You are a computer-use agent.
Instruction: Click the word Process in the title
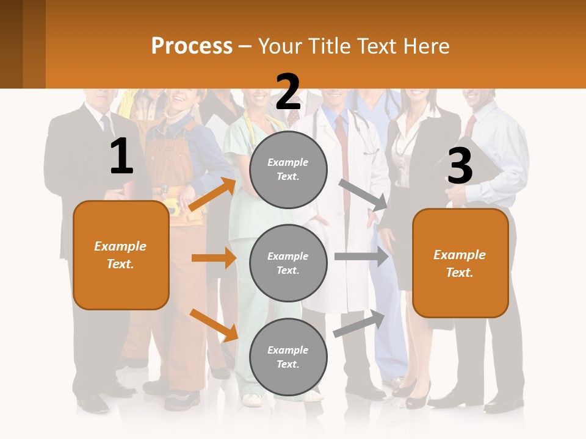pyautogui.click(x=192, y=46)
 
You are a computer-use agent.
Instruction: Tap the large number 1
pyautogui.click(x=121, y=156)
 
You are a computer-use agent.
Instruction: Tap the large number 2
pyautogui.click(x=288, y=92)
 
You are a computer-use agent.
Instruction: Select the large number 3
pyautogui.click(x=460, y=166)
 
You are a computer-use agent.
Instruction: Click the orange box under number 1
pyautogui.click(x=121, y=255)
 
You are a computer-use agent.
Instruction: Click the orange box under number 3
pyautogui.click(x=460, y=263)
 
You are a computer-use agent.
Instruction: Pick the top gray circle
pyautogui.click(x=288, y=169)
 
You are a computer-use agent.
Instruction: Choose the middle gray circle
pyautogui.click(x=288, y=263)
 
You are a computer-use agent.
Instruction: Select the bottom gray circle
pyautogui.click(x=288, y=357)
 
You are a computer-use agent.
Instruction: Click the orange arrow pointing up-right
pyautogui.click(x=212, y=195)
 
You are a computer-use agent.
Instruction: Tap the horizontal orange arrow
pyautogui.click(x=214, y=258)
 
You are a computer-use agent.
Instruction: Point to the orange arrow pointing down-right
pyautogui.click(x=214, y=325)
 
